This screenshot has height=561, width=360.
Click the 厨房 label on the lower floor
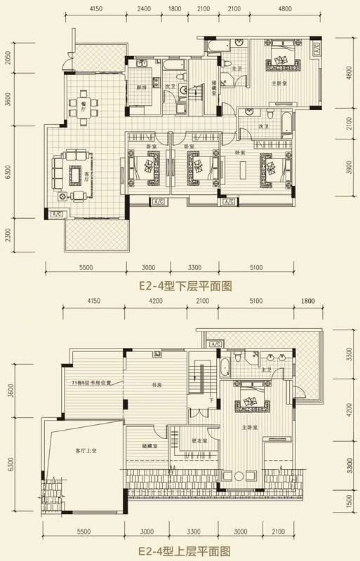[x=141, y=87]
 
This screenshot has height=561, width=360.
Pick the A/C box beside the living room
[x=57, y=214]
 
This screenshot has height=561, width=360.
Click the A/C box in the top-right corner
[x=316, y=49]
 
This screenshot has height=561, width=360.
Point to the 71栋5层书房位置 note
[x=92, y=384]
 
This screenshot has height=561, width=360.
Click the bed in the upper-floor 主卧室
[x=249, y=405]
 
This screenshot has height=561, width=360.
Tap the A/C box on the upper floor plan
[x=215, y=344]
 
